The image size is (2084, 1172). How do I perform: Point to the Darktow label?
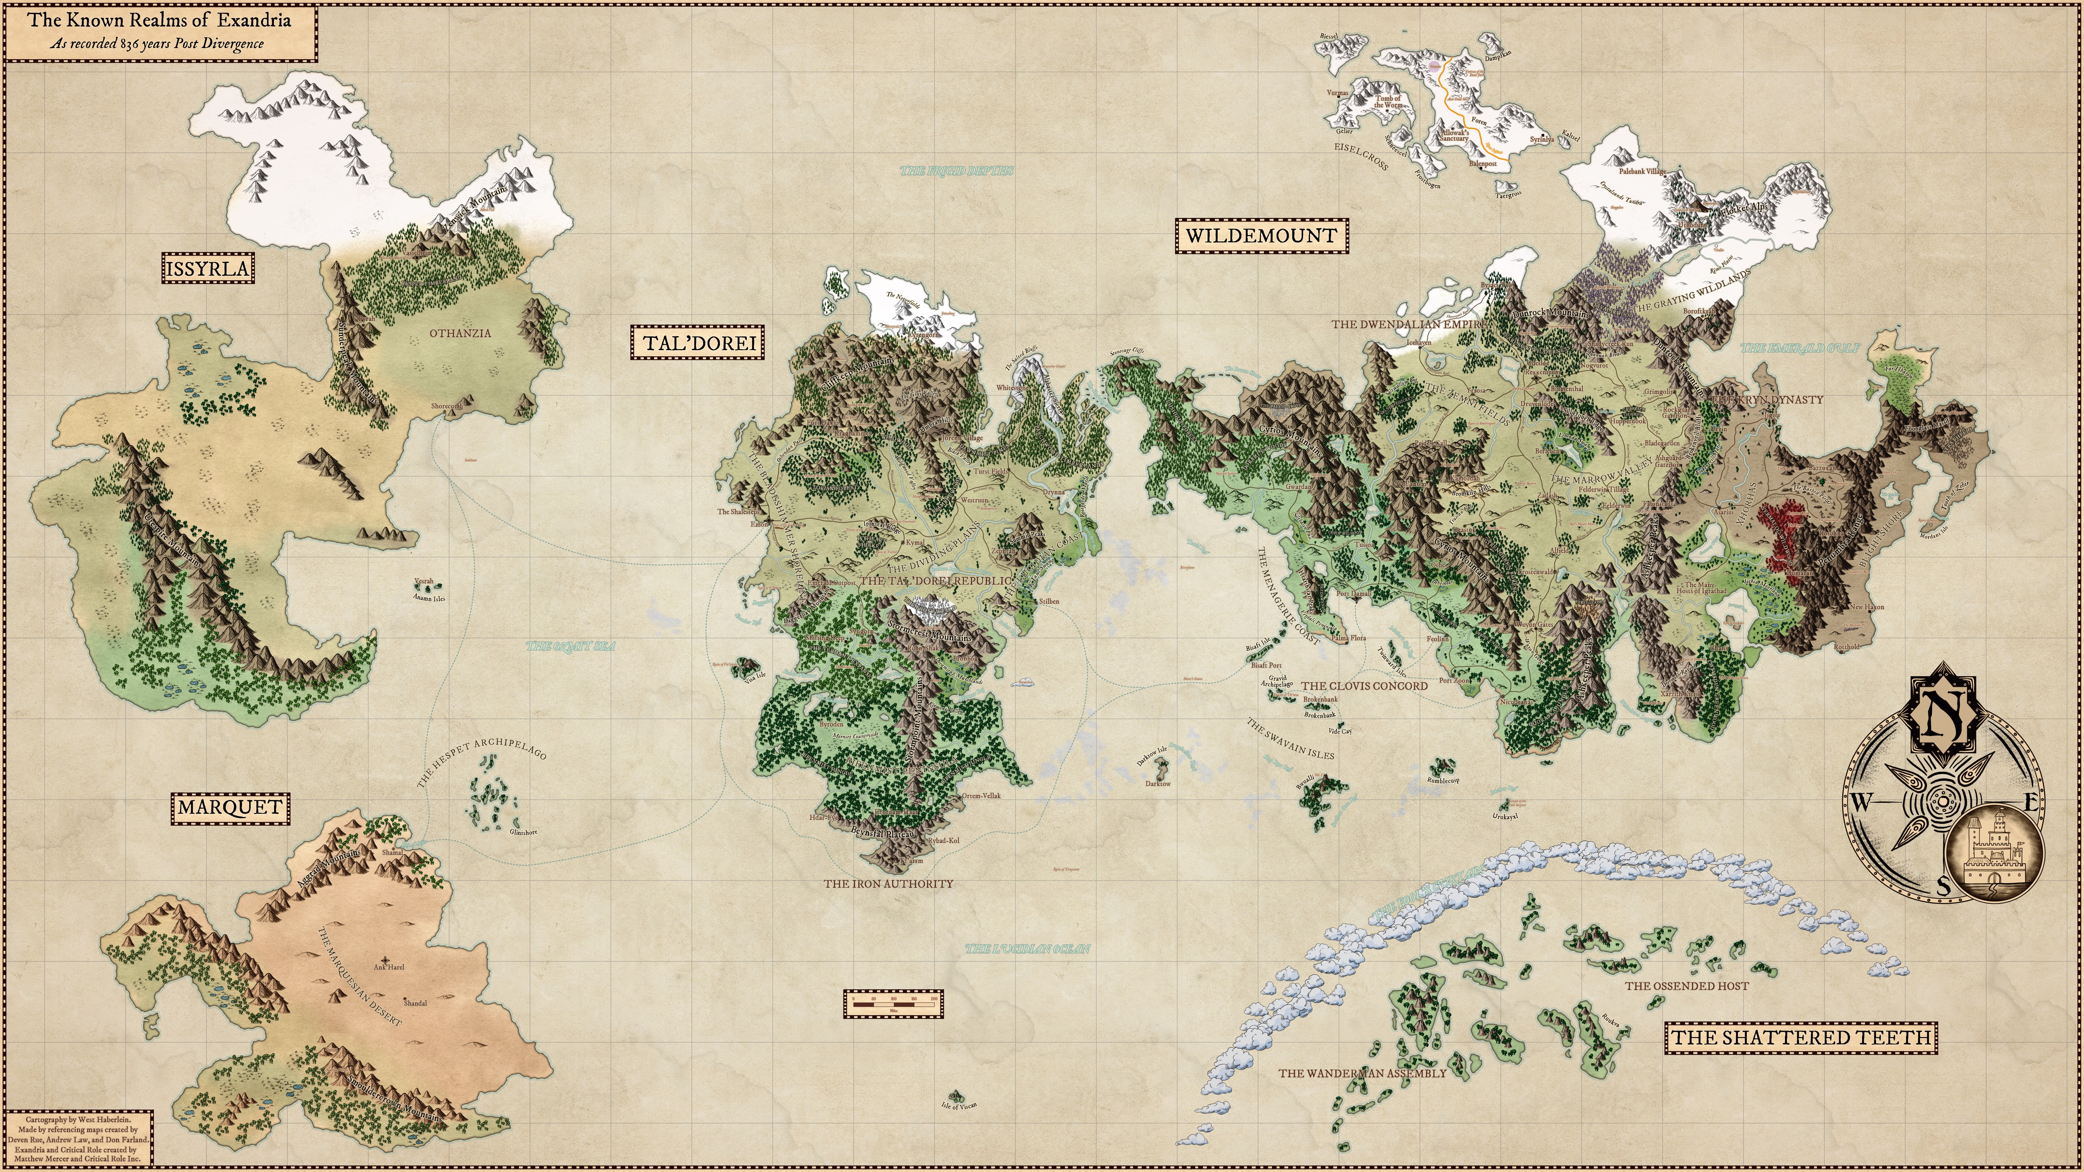click(1158, 784)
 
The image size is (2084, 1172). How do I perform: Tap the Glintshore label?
click(524, 832)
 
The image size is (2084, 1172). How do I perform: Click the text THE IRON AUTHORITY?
click(888, 884)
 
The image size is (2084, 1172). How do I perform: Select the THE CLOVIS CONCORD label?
click(1364, 686)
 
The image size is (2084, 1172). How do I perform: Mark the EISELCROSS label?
click(1361, 157)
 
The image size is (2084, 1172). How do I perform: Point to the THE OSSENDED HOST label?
click(1687, 986)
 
